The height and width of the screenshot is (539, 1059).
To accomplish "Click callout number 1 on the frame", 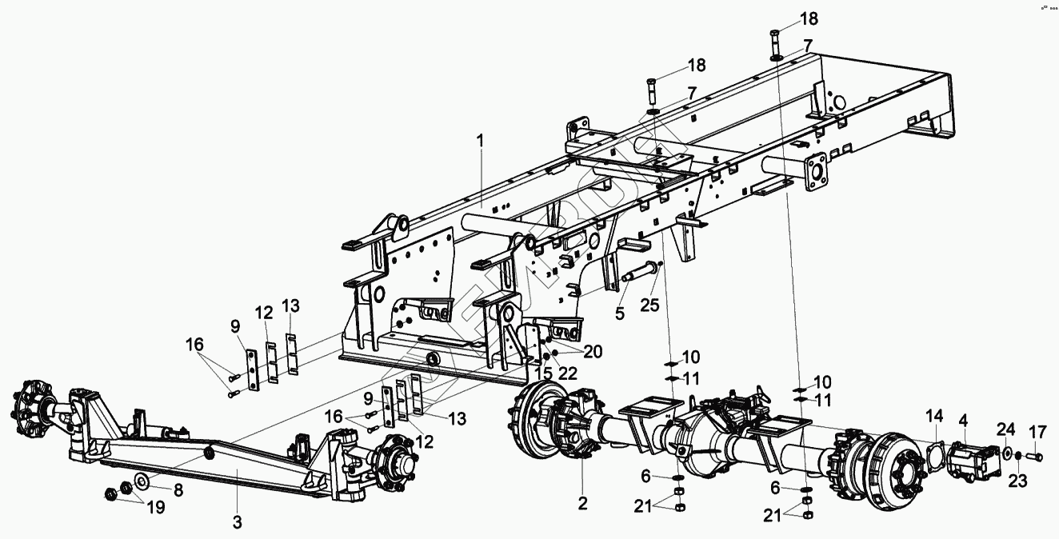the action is tap(481, 141).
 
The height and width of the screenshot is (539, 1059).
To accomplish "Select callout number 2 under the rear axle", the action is tap(582, 503).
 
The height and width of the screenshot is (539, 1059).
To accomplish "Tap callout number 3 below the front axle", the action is tap(237, 521).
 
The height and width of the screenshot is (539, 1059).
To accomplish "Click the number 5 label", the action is tap(619, 314).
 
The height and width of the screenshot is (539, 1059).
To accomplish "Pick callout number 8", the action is tap(178, 490).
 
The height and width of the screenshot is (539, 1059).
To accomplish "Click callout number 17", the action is tap(1037, 433).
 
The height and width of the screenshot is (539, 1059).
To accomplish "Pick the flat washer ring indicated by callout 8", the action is tap(142, 480).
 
